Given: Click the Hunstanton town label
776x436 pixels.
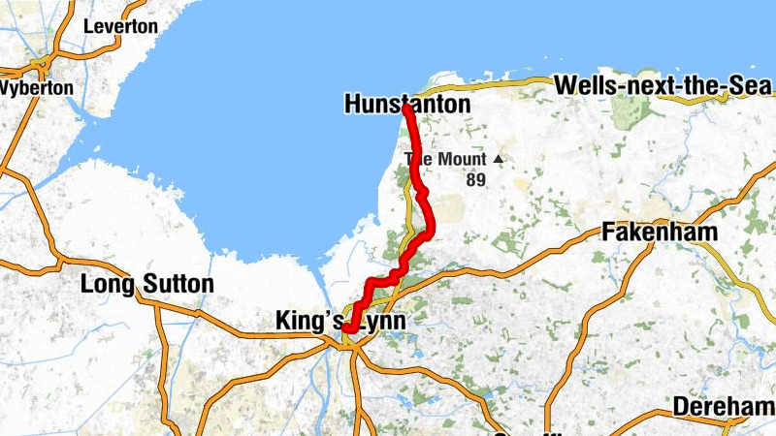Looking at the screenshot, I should click(x=406, y=104).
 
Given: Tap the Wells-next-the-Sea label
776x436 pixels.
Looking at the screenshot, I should click(x=656, y=86).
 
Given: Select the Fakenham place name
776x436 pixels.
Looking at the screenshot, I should click(x=660, y=233).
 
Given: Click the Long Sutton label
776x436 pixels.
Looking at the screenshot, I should click(x=146, y=285).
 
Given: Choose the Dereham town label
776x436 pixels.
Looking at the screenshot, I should click(x=724, y=406).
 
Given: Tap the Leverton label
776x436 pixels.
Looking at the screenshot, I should click(x=120, y=27).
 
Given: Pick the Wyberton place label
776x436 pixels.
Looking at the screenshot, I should click(x=37, y=87).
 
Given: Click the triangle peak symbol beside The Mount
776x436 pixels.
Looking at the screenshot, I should click(x=499, y=159).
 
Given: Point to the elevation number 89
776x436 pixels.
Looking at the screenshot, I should click(x=474, y=179).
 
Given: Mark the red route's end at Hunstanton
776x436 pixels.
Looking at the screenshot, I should click(x=405, y=109).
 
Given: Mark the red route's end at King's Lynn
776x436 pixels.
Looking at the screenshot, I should click(x=346, y=328).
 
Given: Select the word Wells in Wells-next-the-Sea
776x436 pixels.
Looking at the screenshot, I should click(x=585, y=86).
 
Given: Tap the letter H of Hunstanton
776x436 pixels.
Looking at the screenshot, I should click(x=351, y=104).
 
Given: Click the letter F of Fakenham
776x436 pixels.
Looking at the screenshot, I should click(x=608, y=233).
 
